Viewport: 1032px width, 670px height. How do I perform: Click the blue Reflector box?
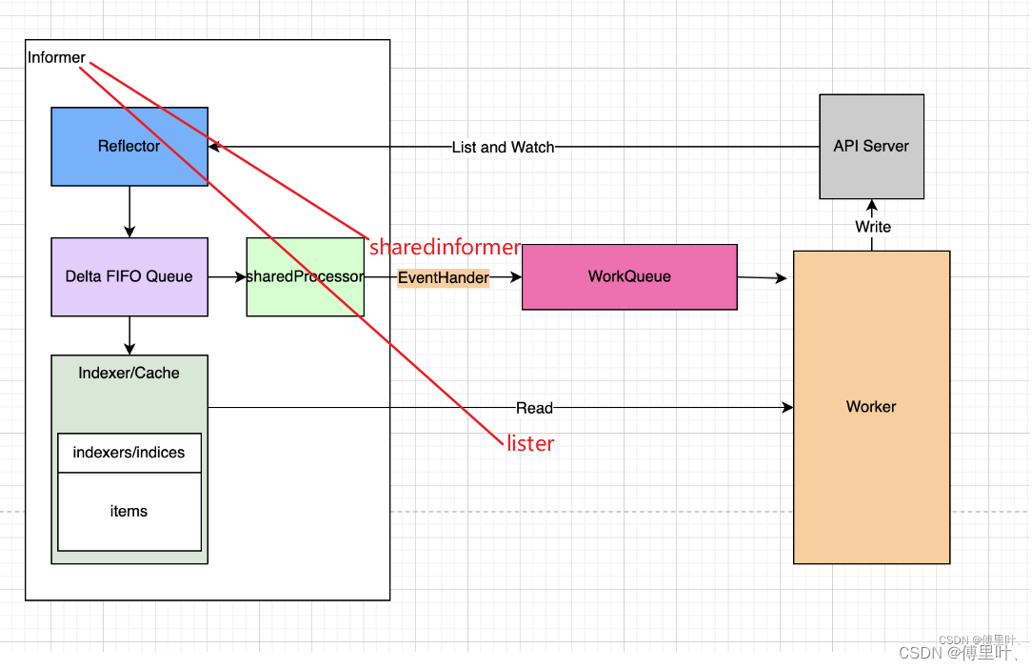129,146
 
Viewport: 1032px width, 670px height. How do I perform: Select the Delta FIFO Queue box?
129,276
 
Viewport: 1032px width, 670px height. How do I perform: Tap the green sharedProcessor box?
305,276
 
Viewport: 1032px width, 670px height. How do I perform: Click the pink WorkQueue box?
629,276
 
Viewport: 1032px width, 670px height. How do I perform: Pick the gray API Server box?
871,146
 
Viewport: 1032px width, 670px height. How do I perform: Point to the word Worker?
871,407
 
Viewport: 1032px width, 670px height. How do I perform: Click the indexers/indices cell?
129,453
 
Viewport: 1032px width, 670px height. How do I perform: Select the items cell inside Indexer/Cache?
129,512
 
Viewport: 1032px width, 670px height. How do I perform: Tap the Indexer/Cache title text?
129,373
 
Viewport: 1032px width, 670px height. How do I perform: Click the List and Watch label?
503,148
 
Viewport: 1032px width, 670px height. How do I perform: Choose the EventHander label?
443,278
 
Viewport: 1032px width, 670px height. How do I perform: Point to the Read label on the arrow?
534,408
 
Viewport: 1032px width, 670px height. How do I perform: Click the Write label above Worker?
872,227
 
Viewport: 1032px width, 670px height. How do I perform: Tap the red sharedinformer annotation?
445,248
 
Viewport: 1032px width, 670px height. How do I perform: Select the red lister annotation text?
530,443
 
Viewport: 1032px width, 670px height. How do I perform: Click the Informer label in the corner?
56,58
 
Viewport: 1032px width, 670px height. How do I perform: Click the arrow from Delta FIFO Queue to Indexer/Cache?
129,335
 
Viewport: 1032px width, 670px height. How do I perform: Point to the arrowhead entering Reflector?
214,147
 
